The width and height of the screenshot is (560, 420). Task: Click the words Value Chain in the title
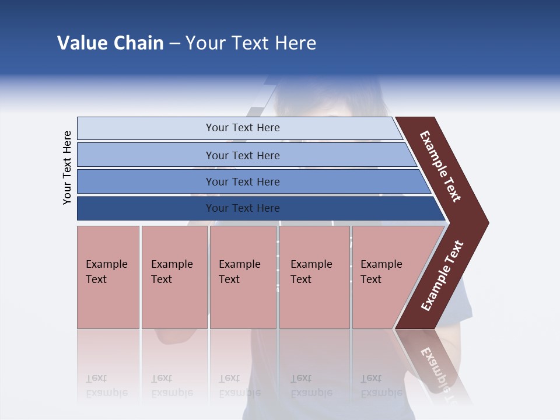[x=110, y=43]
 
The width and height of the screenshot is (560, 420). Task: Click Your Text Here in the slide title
[x=251, y=43]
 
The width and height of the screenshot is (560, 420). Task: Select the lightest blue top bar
[x=146, y=128]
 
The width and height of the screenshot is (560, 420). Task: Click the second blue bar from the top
[x=146, y=155]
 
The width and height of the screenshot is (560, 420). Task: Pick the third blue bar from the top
[x=146, y=181]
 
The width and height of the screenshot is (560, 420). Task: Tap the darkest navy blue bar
[x=146, y=208]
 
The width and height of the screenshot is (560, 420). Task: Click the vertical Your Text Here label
[x=68, y=167]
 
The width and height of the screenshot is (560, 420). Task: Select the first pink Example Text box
[x=108, y=277]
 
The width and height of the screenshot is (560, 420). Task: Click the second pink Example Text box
[x=174, y=277]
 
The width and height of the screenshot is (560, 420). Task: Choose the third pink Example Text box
[x=243, y=277]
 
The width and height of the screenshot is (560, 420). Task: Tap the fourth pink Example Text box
[x=314, y=277]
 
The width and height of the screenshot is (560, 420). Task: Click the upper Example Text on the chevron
[x=440, y=166]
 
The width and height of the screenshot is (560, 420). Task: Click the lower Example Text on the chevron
[x=442, y=276]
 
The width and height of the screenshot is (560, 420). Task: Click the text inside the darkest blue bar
[x=243, y=208]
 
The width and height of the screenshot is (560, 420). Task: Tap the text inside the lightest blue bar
[x=243, y=128]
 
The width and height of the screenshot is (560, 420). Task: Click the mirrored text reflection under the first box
[x=106, y=386]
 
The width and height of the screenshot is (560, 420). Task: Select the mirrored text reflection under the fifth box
[x=381, y=386]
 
